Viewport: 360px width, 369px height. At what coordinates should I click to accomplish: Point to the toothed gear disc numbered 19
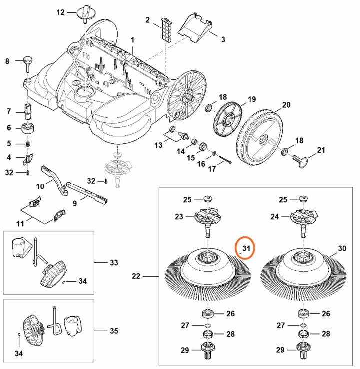228,120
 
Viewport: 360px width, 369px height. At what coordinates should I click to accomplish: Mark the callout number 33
113,262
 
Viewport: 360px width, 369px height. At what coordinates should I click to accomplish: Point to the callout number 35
113,330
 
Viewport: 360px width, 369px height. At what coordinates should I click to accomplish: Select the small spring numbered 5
28,144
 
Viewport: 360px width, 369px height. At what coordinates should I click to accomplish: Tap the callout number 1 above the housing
133,39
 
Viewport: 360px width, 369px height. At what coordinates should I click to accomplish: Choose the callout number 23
178,217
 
